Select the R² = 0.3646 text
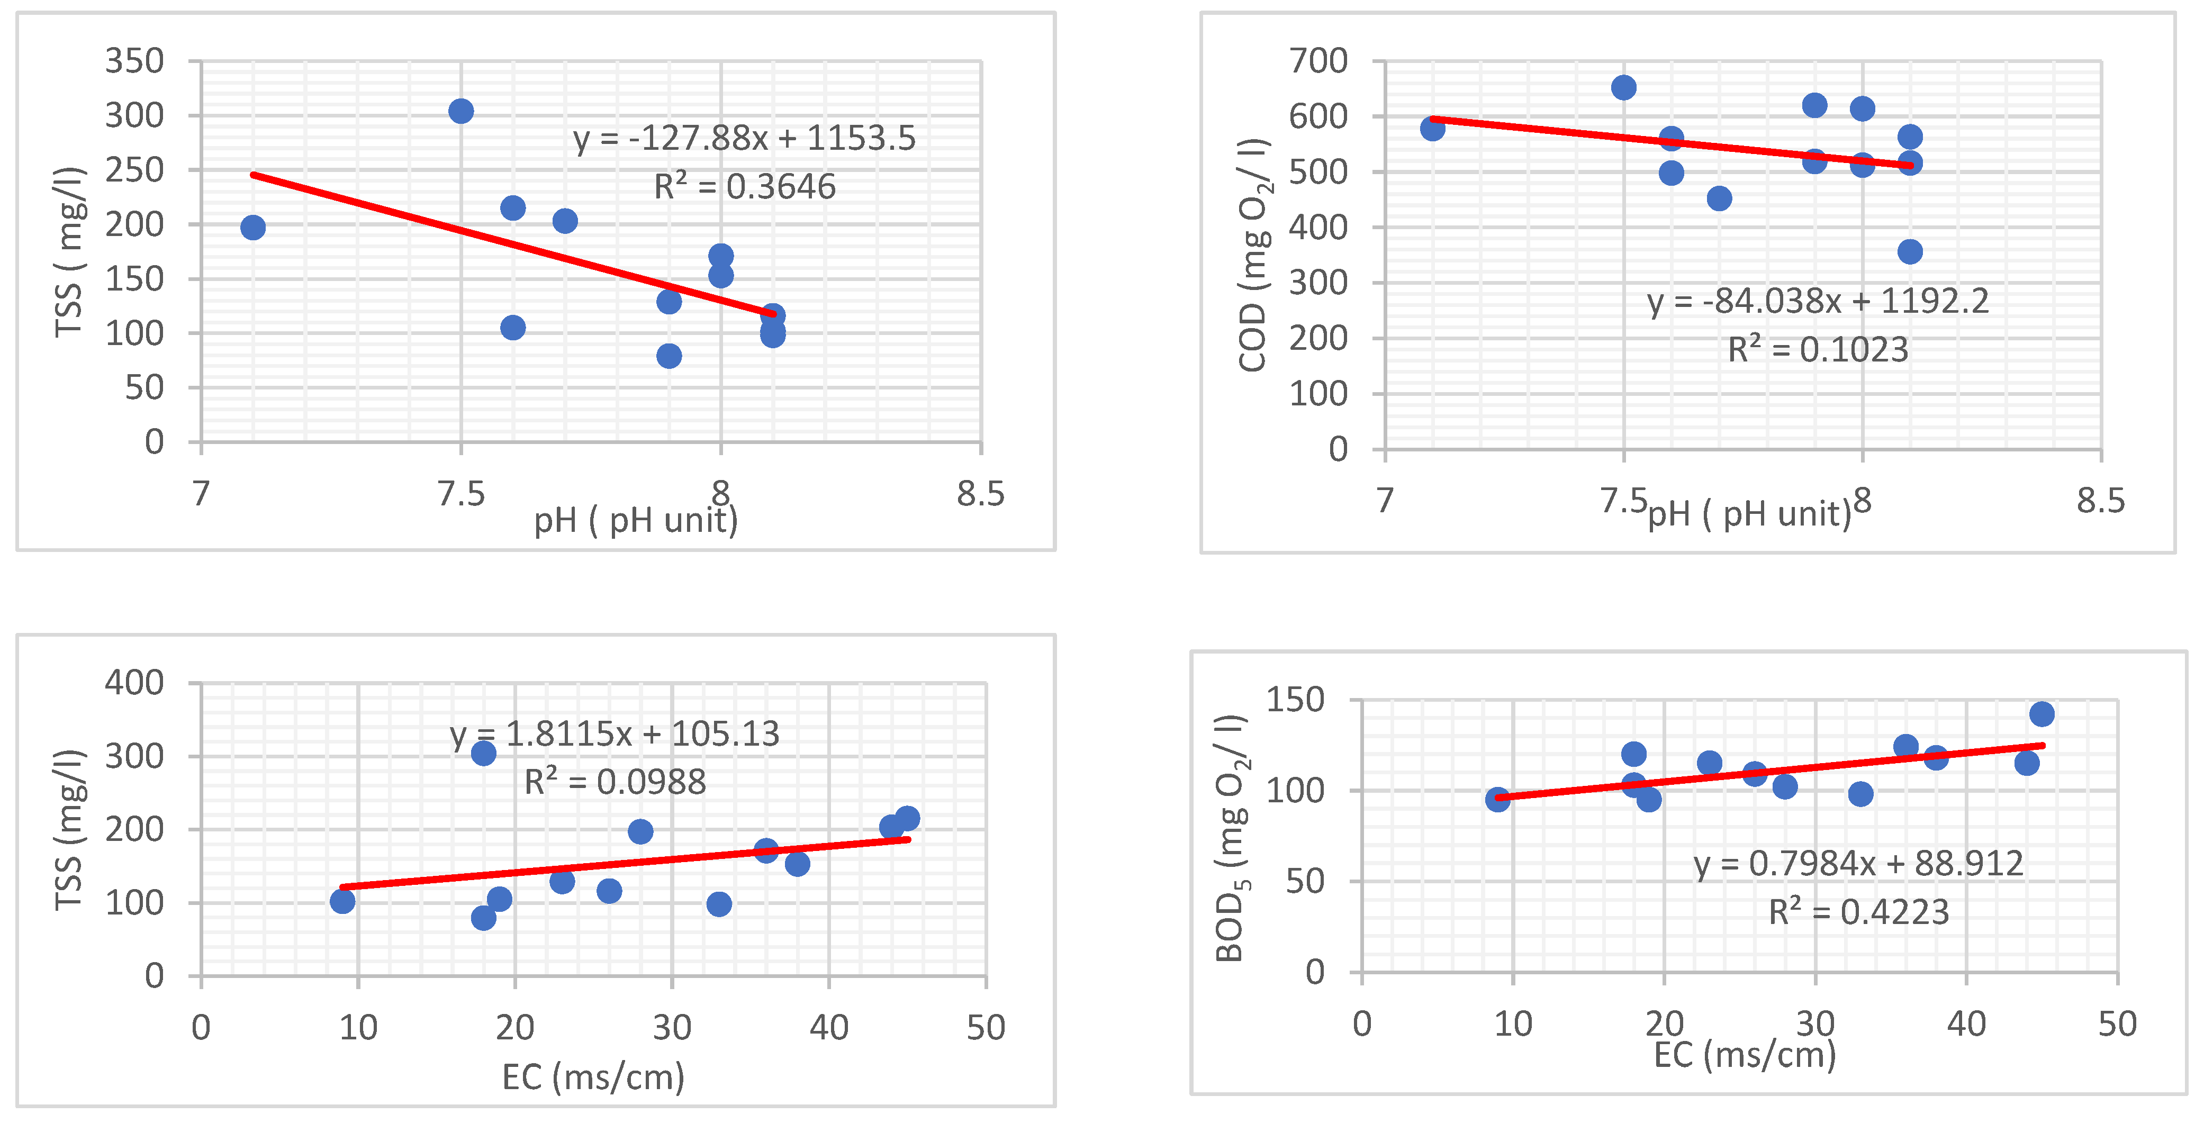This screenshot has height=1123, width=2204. tap(744, 186)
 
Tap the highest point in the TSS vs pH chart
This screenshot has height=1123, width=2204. tap(461, 111)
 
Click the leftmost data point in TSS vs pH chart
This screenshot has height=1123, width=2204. tap(252, 228)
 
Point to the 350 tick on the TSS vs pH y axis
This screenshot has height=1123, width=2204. tap(134, 61)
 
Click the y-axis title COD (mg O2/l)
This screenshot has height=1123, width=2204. tap(1252, 255)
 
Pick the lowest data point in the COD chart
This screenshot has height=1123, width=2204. tap(1910, 251)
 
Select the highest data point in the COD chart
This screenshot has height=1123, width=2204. tap(1623, 87)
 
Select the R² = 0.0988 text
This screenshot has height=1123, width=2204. tap(615, 782)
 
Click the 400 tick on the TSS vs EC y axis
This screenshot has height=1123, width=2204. tap(134, 683)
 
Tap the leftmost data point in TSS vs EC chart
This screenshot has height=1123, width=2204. tap(342, 901)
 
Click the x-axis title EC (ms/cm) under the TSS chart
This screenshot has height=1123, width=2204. tap(593, 1077)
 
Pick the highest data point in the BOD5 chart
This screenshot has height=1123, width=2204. tap(2042, 713)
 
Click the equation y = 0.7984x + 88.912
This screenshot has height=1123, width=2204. tap(1858, 864)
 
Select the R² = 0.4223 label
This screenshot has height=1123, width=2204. tap(1858, 912)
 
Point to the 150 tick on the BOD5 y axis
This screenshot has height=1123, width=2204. tap(1295, 700)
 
